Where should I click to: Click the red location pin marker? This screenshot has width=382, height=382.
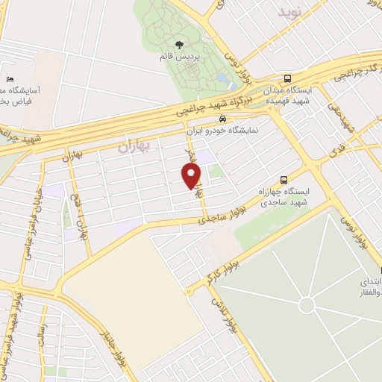click(x=192, y=175)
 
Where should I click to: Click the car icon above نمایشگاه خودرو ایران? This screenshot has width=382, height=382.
click(x=222, y=118)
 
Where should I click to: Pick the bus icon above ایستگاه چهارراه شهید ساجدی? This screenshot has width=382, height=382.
click(x=283, y=179)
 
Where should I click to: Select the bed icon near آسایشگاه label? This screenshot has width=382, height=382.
click(x=9, y=80)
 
